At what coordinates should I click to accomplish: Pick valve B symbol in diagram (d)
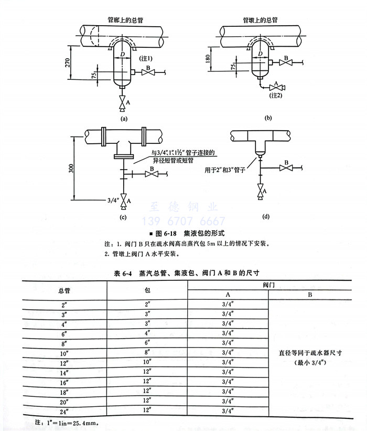point(286,169)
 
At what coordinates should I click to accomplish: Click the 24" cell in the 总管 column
point(64,411)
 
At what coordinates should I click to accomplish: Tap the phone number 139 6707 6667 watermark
point(184,221)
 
